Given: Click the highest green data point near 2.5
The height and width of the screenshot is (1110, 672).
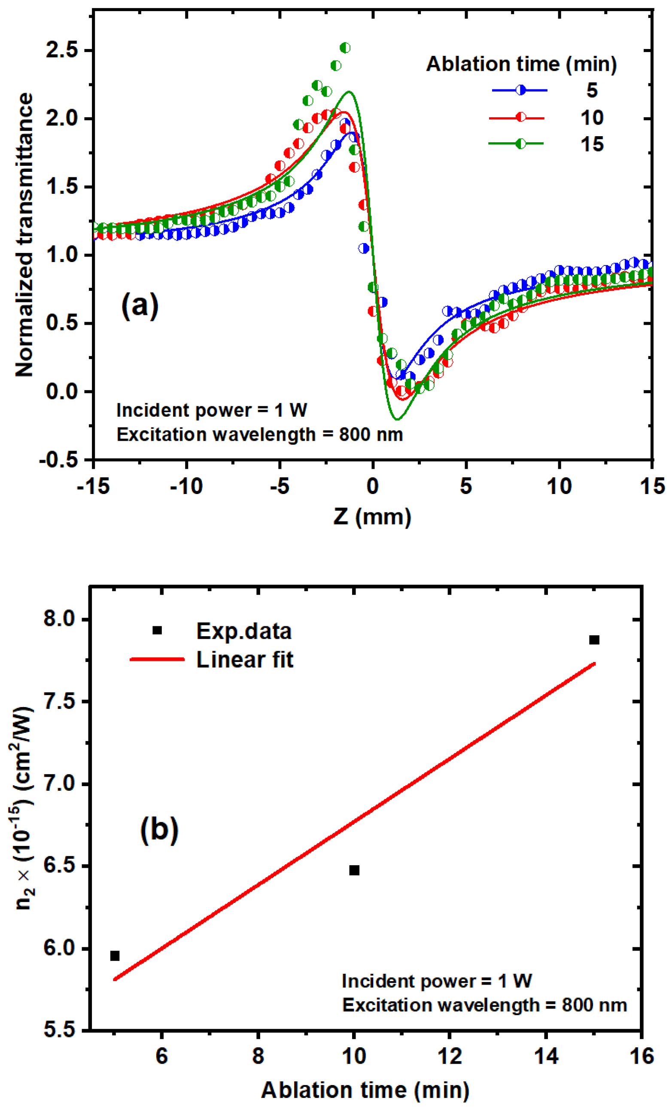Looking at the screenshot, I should tap(345, 48).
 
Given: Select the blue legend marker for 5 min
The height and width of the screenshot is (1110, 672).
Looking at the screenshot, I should tap(520, 90).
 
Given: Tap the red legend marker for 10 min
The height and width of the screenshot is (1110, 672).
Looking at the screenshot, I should tap(520, 118).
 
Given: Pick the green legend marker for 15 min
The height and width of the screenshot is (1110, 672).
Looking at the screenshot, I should tap(520, 144).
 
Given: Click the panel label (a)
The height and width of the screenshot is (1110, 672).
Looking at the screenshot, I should tap(140, 306).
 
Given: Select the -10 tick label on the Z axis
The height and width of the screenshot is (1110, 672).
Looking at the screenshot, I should tap(186, 486).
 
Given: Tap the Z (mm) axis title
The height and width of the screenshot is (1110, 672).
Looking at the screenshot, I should tap(372, 516).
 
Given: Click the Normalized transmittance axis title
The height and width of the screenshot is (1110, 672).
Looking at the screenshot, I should tap(24, 234).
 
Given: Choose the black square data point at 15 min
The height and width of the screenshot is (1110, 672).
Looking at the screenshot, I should tap(594, 640).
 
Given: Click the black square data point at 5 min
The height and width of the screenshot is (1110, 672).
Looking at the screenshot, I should tap(115, 956).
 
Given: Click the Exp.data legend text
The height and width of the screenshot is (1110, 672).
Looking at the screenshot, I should tap(243, 631).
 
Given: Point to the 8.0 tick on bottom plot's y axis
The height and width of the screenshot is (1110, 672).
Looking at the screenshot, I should tap(59, 619).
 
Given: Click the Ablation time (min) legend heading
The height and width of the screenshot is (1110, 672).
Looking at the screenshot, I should tap(521, 64).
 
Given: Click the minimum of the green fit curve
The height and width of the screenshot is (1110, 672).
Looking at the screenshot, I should tap(396, 419).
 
